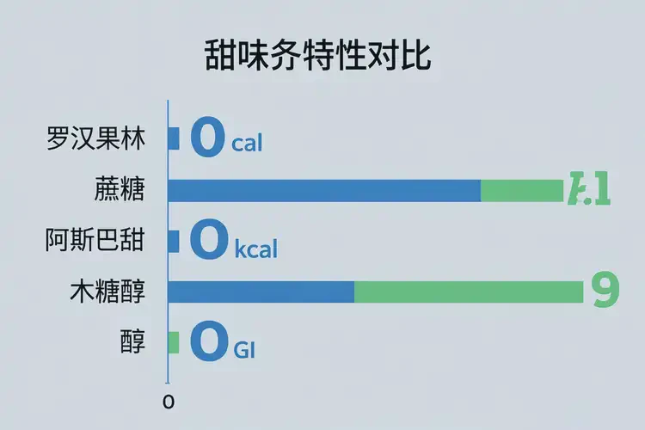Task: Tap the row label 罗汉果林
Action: tap(95, 139)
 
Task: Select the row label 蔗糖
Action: tap(120, 190)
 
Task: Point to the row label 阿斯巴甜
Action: tap(95, 241)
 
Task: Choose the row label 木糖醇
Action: tap(107, 292)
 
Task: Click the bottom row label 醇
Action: tap(133, 342)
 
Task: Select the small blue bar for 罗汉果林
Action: tap(173, 139)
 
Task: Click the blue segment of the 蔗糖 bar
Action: tap(323, 190)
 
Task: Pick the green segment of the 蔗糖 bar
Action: tap(521, 190)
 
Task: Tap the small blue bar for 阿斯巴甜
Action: tap(173, 241)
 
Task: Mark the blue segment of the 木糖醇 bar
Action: tap(261, 292)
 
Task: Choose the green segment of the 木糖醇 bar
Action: tap(469, 292)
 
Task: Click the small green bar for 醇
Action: tap(173, 342)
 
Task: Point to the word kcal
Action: tap(256, 250)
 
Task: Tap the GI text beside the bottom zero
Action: tap(245, 351)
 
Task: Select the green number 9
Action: tap(606, 291)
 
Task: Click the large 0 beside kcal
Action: tap(209, 241)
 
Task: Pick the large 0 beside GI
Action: tap(209, 342)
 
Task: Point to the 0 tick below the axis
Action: tap(169, 402)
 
